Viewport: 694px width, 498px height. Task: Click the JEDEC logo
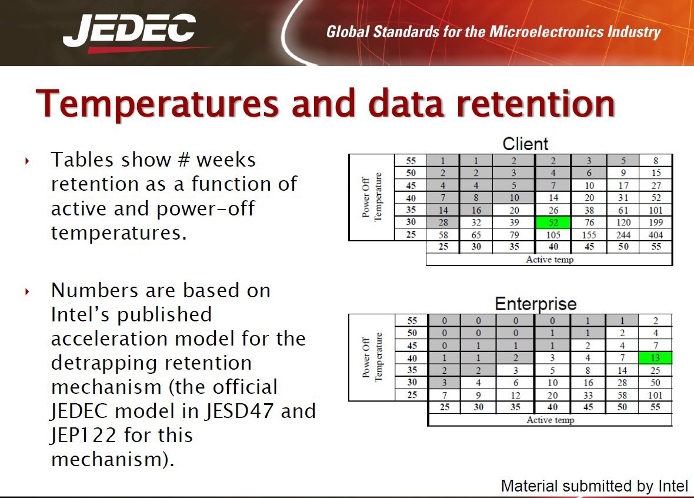[129, 32]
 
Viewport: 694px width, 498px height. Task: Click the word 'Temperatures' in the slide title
[158, 104]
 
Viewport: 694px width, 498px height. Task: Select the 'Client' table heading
[525, 144]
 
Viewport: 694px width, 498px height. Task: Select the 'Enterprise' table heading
[536, 304]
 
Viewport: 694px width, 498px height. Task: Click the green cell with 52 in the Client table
[553, 223]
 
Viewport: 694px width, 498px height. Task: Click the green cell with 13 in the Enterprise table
[655, 357]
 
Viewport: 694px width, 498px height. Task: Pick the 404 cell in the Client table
[656, 235]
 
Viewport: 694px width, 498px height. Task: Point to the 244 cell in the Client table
[623, 235]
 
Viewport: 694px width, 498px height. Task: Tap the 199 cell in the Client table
[656, 223]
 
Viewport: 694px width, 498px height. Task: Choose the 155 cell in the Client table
[589, 235]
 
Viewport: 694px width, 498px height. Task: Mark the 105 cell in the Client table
[553, 235]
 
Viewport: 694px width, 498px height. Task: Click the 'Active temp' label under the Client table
[550, 260]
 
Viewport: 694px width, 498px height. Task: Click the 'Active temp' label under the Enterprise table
[550, 420]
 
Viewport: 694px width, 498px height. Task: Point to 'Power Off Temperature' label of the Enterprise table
[372, 357]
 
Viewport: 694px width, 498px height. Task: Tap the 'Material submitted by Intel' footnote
[595, 486]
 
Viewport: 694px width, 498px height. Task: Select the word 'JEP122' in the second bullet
[84, 436]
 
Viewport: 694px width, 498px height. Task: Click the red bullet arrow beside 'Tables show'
[28, 161]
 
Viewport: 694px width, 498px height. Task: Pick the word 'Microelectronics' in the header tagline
[546, 32]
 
